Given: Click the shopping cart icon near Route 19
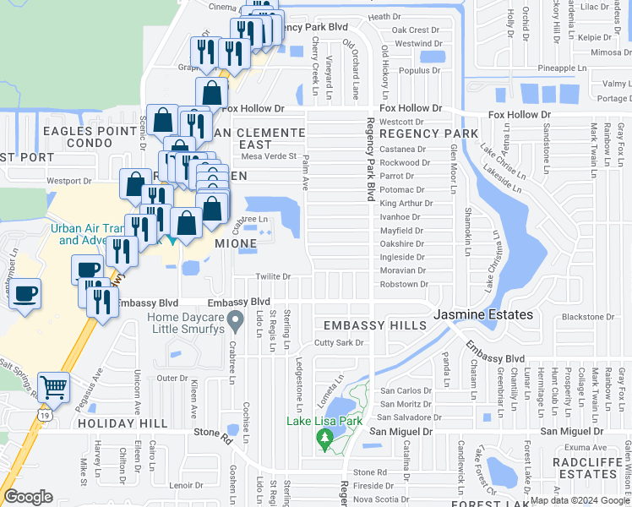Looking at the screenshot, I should click(53, 387).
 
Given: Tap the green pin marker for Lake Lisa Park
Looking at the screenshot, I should click(324, 439).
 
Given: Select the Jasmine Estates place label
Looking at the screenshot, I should click(483, 314).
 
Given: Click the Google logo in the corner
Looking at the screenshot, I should click(28, 497).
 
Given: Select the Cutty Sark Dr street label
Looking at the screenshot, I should click(338, 343).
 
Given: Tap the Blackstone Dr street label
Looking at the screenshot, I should click(585, 317).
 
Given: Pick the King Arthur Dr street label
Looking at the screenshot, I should click(406, 204).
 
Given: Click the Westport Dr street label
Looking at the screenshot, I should click(68, 181).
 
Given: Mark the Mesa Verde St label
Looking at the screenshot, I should click(269, 155).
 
